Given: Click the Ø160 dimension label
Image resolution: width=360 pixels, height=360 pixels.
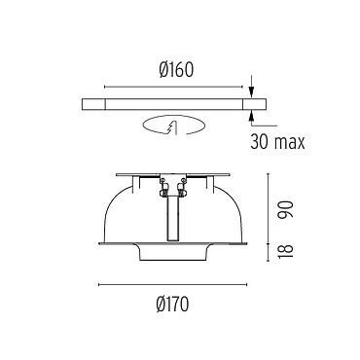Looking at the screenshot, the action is tap(176, 70).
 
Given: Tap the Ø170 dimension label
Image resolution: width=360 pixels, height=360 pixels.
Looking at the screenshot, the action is tap(172, 305).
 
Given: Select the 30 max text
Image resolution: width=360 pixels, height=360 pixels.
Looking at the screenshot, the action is tap(277, 142).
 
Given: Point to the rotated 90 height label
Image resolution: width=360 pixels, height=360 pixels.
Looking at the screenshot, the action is tap(286, 209).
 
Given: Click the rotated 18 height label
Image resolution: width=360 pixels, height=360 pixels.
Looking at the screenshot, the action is tap(286, 251).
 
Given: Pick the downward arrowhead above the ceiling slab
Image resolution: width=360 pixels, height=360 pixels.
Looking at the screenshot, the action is tap(251, 91).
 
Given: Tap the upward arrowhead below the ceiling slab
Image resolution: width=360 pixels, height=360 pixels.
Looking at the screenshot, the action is tap(251, 116).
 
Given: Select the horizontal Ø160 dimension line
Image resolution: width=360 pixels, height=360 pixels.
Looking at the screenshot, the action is tap(173, 87).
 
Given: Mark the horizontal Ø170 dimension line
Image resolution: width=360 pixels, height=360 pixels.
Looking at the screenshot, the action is tap(173, 285).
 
